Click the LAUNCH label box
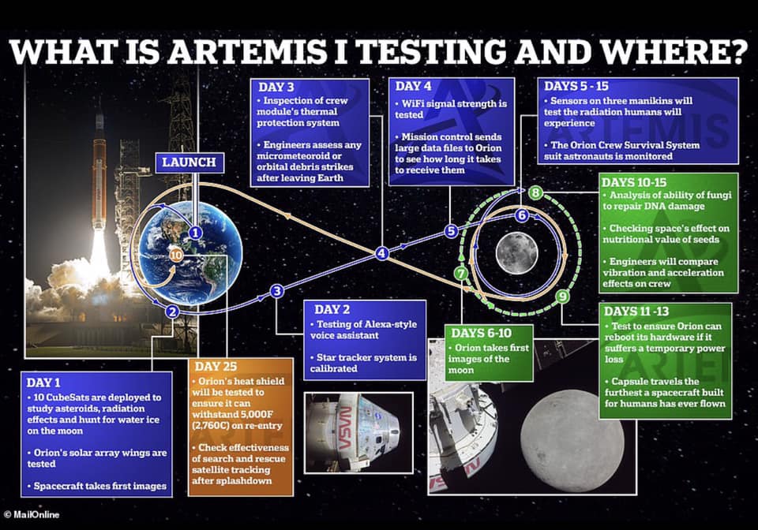(189, 162)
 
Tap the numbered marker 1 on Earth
(195, 233)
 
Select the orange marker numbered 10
(176, 255)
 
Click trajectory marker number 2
(172, 312)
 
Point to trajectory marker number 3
(276, 291)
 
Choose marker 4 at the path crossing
(382, 253)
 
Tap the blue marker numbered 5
(451, 231)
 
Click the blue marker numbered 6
(521, 215)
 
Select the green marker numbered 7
(462, 274)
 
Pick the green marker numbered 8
(535, 193)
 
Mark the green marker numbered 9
(562, 296)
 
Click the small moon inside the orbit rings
(516, 253)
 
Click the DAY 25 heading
(216, 367)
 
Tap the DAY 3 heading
(276, 88)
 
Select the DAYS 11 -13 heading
(636, 312)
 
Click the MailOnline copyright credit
(32, 514)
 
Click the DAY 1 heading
(43, 383)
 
